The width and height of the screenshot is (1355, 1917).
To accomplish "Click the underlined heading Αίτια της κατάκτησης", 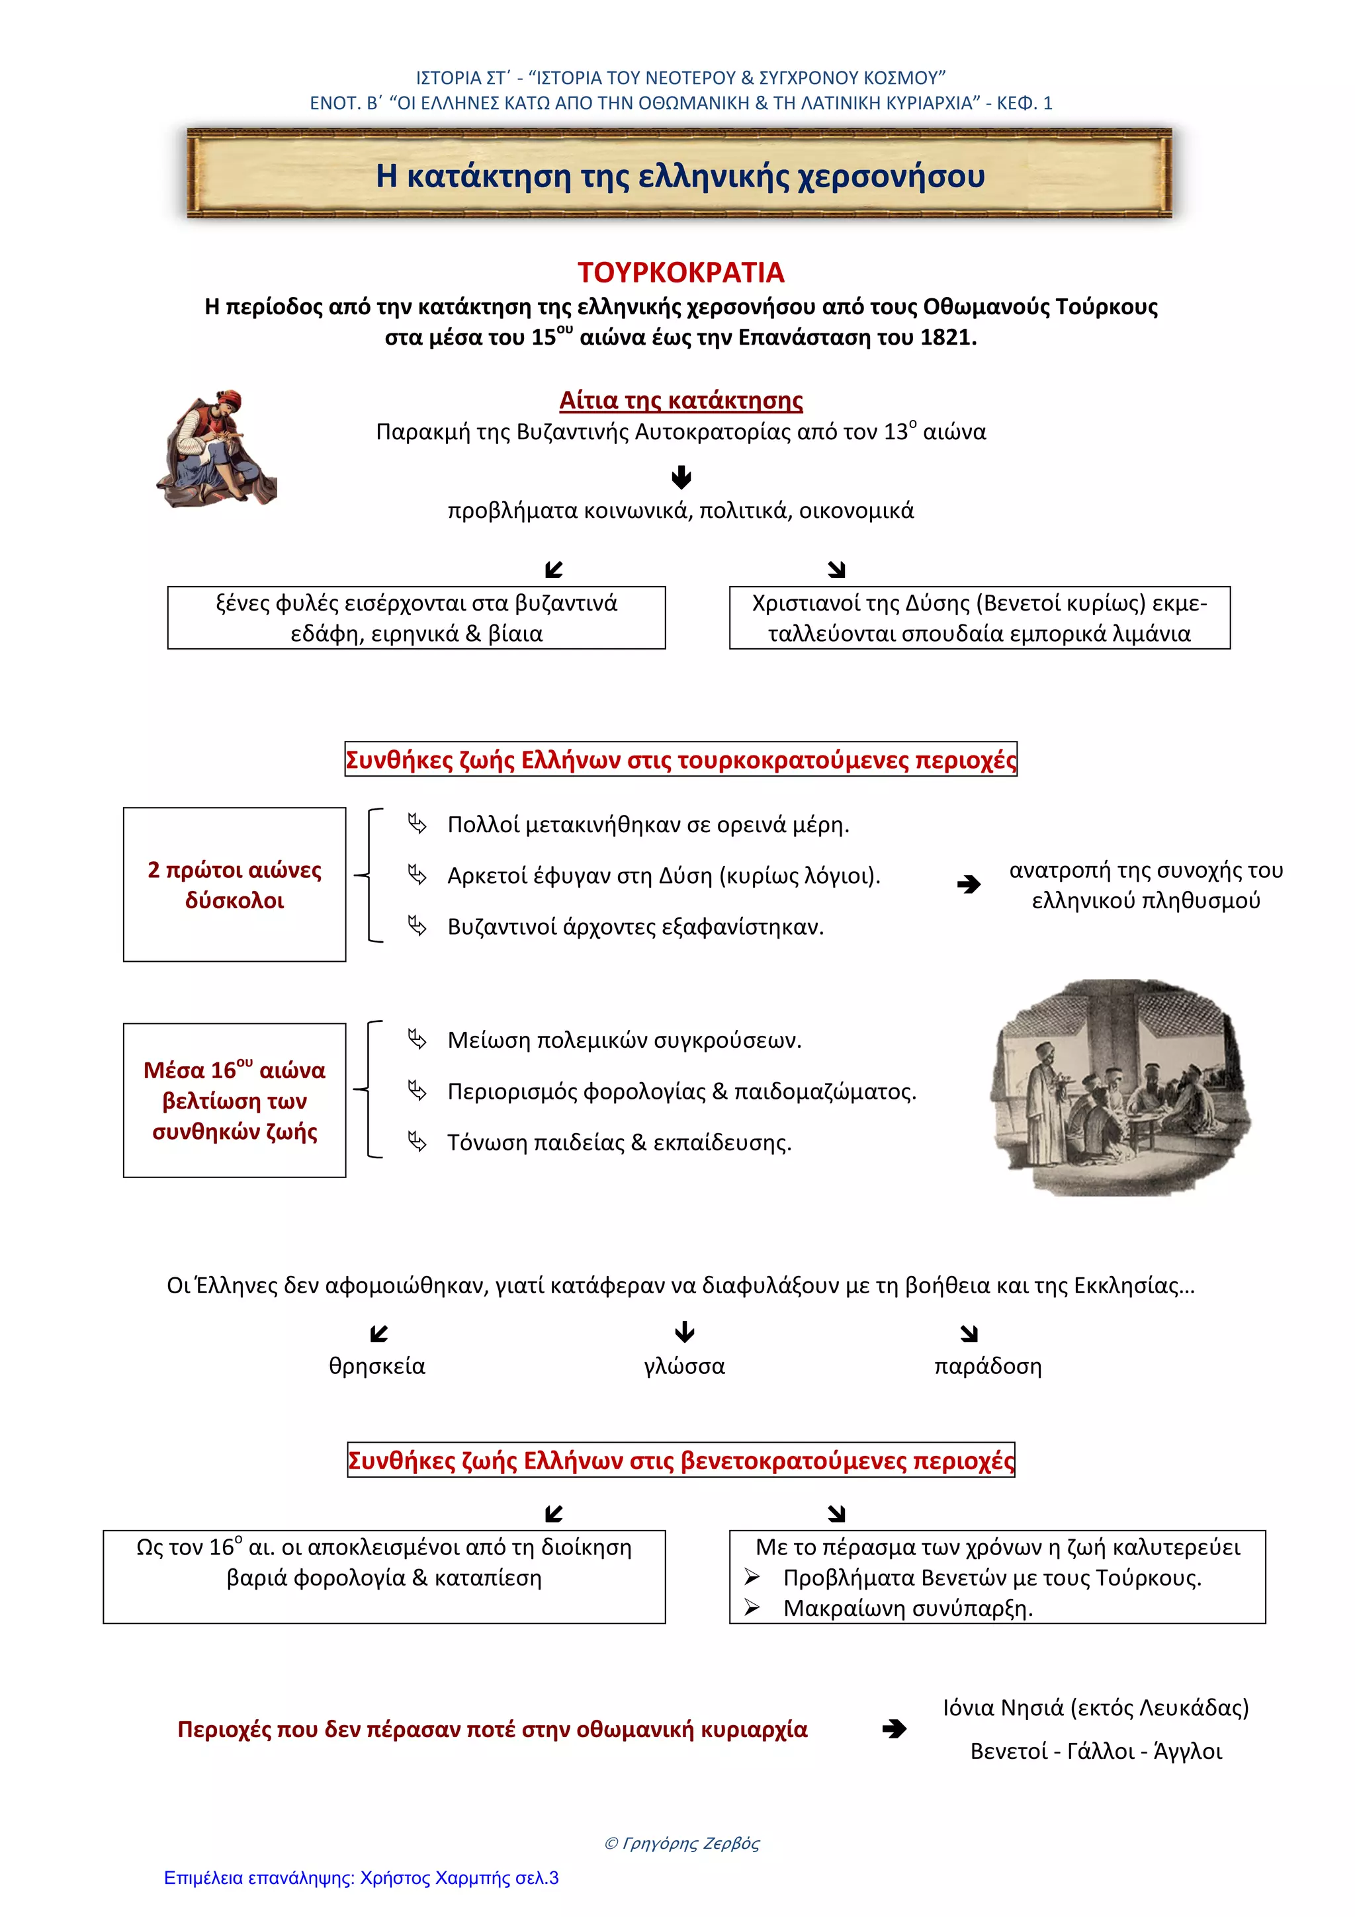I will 680,401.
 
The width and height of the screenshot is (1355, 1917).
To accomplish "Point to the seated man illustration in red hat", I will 216,448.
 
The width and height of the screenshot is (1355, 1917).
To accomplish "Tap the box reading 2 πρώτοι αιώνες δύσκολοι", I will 235,884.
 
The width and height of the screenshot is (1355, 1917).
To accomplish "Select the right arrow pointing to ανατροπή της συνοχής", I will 969,884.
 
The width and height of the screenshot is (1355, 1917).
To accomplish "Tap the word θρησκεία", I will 376,1366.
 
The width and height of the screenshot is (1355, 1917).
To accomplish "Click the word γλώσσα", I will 683,1366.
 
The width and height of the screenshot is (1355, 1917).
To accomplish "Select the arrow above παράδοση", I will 969,1334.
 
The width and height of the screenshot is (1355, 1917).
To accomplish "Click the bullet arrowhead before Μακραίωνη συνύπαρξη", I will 752,1607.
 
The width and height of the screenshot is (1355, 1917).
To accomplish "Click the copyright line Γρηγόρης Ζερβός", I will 681,1843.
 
